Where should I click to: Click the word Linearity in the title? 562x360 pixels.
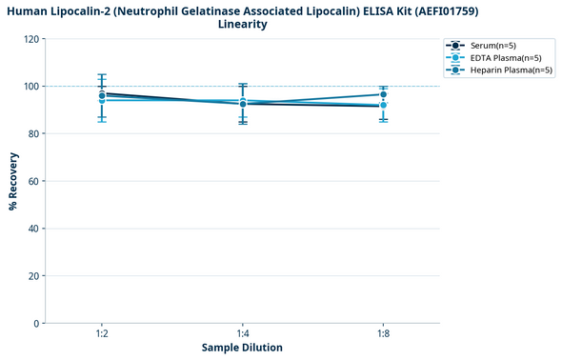click(x=242, y=24)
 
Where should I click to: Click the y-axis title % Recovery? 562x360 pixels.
click(x=13, y=181)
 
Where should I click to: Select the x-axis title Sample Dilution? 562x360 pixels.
click(x=242, y=348)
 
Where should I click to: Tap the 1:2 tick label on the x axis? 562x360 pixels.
click(x=102, y=332)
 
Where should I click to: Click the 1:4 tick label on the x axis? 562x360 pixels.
click(x=243, y=332)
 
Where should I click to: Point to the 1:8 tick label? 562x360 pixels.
click(x=383, y=332)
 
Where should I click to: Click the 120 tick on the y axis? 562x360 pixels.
click(x=31, y=39)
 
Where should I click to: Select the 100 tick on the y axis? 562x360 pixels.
click(x=31, y=87)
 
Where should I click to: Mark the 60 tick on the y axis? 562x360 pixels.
click(x=34, y=181)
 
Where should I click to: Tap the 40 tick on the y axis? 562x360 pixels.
click(x=34, y=229)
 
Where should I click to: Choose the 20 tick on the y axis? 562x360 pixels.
click(x=34, y=276)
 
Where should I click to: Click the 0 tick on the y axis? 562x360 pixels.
click(x=37, y=324)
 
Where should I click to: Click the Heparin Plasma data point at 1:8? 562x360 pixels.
click(x=383, y=94)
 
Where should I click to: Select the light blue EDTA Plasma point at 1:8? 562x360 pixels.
click(x=383, y=105)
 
